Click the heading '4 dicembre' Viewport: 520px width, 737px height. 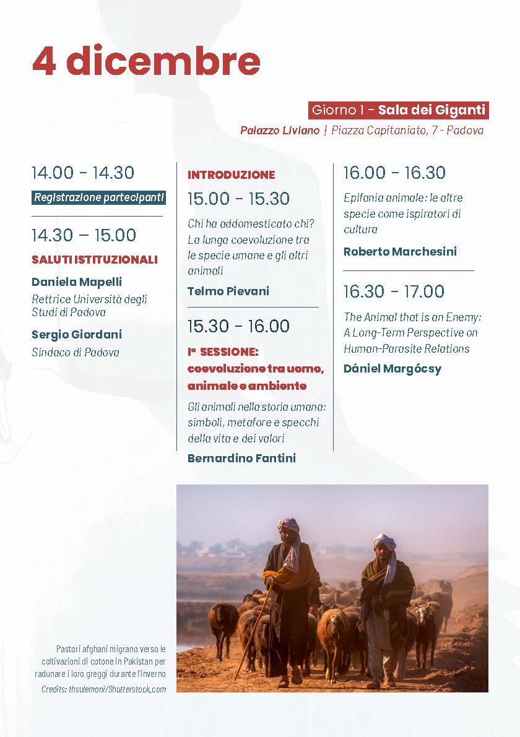point(146,61)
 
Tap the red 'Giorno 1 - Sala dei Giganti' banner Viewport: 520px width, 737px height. point(398,110)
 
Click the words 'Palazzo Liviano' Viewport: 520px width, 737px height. point(280,131)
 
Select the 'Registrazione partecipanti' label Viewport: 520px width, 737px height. point(99,198)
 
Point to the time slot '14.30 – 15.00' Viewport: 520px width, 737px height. point(84,235)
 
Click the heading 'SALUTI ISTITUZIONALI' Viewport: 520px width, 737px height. point(95,260)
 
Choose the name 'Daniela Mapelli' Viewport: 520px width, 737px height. point(77,282)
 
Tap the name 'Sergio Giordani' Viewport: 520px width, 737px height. point(77,335)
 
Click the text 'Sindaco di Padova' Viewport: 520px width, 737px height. point(76,353)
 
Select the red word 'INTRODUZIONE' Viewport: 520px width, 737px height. point(232,175)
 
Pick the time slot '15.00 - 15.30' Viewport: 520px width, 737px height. point(239,199)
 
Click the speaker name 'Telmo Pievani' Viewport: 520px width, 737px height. point(228,291)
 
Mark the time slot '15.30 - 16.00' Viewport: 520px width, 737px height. point(239,326)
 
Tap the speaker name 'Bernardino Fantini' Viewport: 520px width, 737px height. point(241,459)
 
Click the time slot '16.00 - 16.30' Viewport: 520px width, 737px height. point(394,173)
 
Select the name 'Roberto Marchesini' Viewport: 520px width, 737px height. point(400,252)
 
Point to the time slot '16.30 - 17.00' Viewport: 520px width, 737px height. point(394,291)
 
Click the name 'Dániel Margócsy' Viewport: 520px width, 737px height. point(392,369)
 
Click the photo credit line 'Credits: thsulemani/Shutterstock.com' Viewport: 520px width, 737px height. point(104,689)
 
